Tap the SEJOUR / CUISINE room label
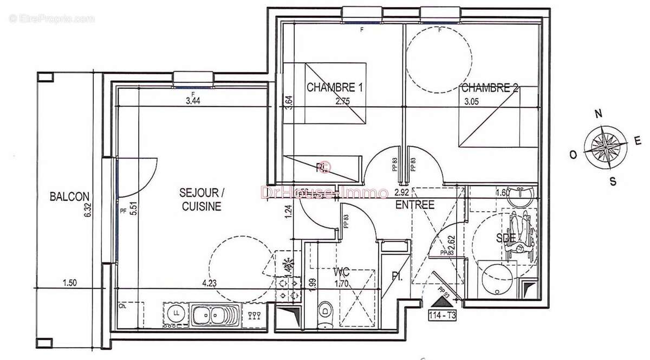click(201, 199)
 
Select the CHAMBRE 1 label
click(334, 87)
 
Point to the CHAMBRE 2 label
click(489, 88)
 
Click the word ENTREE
click(415, 205)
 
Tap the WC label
click(342, 271)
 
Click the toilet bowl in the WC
click(324, 311)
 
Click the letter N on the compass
click(599, 114)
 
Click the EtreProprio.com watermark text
click(51, 19)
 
